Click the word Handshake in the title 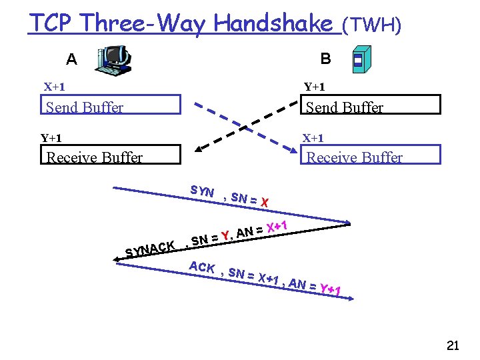(274, 24)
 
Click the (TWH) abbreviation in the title (371, 25)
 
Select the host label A (71, 59)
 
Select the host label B (325, 59)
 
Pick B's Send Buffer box (372, 105)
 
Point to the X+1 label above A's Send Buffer (54, 87)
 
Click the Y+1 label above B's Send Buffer (315, 87)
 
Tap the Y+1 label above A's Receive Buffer (51, 139)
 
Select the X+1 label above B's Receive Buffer (313, 139)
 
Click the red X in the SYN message (265, 202)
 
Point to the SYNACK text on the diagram (151, 248)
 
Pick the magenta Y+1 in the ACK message (331, 290)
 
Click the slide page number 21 (453, 345)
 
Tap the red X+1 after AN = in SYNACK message (276, 227)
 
